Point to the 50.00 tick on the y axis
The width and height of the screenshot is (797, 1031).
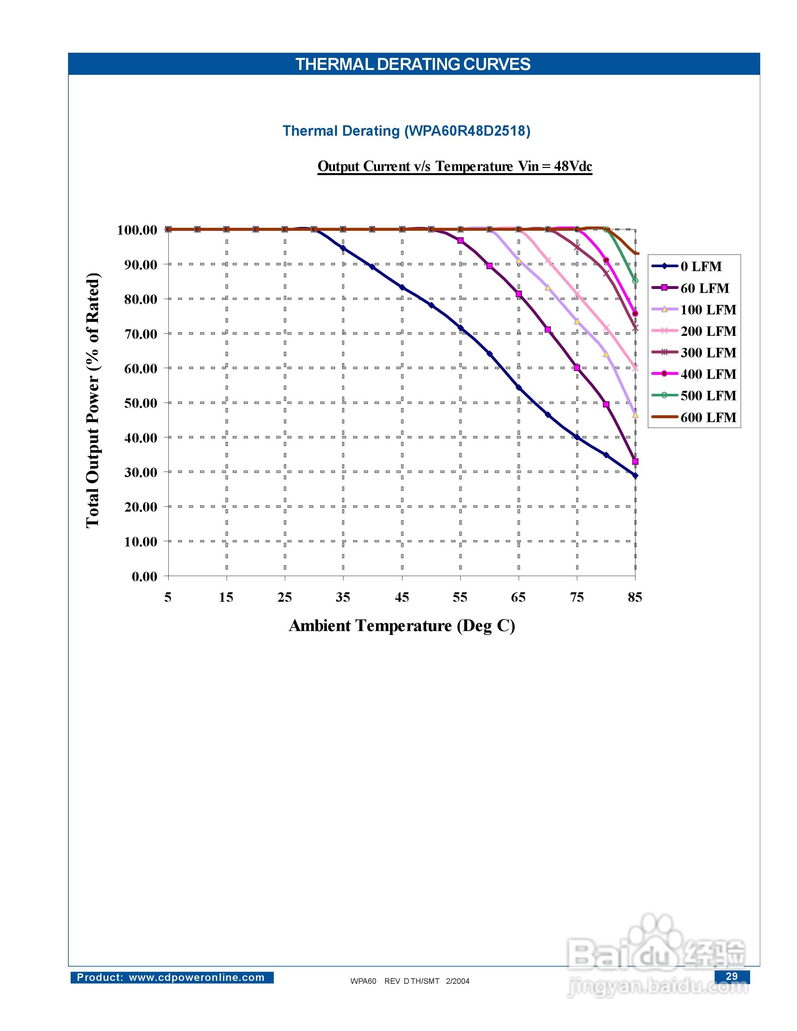click(141, 403)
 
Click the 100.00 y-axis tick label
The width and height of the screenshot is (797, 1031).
click(137, 230)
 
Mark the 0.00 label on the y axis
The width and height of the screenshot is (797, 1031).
click(145, 576)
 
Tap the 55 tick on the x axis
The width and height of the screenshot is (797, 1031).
click(460, 597)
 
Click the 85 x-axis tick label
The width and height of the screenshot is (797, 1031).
click(635, 597)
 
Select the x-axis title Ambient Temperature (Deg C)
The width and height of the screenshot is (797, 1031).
click(402, 625)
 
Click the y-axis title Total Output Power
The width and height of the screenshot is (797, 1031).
click(93, 400)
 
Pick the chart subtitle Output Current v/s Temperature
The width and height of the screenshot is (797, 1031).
click(455, 166)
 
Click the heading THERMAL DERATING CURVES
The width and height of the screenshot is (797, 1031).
click(413, 64)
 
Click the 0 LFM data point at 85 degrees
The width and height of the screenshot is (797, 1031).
click(635, 476)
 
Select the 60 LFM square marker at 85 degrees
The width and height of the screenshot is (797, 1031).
click(635, 461)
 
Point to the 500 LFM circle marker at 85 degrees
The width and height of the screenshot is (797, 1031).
click(635, 281)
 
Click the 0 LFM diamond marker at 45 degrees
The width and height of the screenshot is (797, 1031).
click(402, 287)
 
